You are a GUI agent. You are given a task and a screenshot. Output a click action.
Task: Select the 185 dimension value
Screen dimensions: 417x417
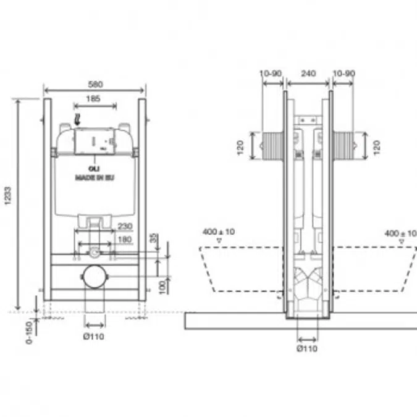pyautogui.click(x=94, y=98)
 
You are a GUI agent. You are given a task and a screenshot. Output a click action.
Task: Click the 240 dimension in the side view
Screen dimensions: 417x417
pyautogui.click(x=308, y=74)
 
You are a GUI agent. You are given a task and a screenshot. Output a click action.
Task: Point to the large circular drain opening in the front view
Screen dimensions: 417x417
pyautogui.click(x=94, y=277)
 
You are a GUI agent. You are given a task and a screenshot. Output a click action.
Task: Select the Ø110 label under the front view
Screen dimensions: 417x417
pyautogui.click(x=95, y=336)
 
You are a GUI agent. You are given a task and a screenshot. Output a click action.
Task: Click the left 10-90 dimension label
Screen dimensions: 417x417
pyautogui.click(x=272, y=74)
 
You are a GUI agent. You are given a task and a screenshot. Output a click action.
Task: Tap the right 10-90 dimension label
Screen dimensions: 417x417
pyautogui.click(x=343, y=74)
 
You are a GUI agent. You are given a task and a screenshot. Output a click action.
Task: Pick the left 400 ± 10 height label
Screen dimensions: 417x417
pyautogui.click(x=219, y=232)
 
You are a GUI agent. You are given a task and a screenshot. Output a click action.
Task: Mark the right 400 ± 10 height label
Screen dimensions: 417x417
pyautogui.click(x=400, y=233)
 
